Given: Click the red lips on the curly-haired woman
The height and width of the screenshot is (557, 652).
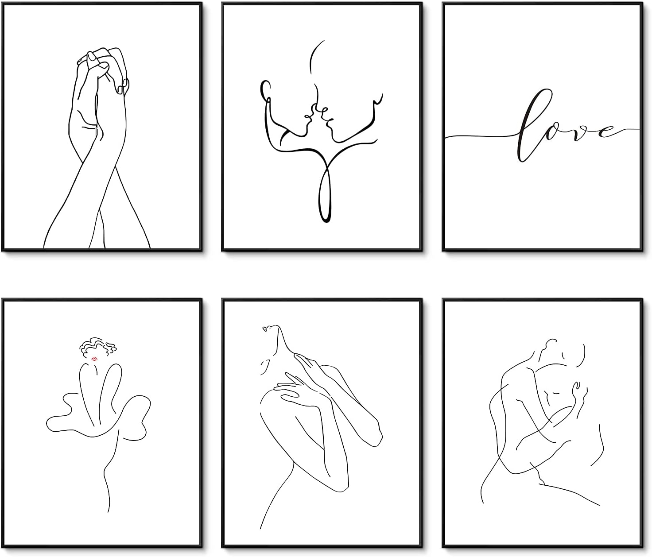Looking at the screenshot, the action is (94, 359).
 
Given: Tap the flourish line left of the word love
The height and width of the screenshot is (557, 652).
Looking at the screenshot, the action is (481, 136).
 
